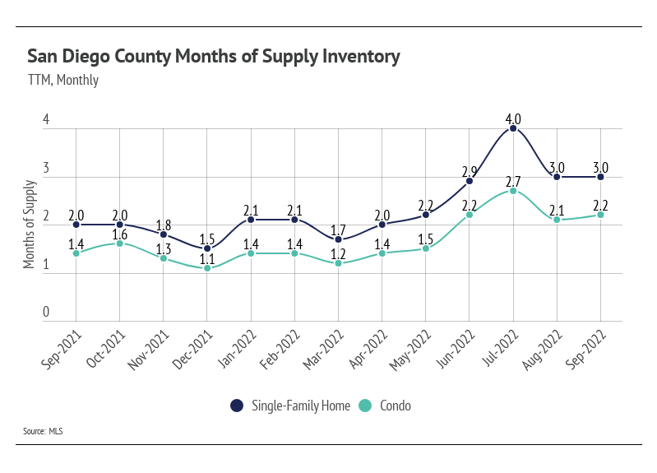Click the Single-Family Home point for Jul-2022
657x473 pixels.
click(513, 128)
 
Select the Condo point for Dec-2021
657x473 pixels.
click(207, 268)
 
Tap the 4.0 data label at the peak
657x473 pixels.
click(513, 115)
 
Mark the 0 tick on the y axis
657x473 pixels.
click(47, 313)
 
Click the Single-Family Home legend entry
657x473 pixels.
click(291, 406)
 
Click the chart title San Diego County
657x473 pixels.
click(214, 57)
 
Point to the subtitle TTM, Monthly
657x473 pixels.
click(63, 80)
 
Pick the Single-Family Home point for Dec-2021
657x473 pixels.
click(207, 248)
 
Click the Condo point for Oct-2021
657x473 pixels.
click(120, 243)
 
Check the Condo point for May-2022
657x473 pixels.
click(426, 248)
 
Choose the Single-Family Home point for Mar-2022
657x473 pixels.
click(338, 239)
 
